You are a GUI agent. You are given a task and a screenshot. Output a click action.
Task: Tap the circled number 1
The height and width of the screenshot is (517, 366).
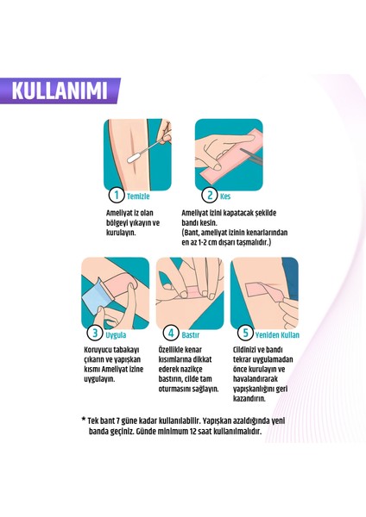pyautogui.click(x=112, y=196)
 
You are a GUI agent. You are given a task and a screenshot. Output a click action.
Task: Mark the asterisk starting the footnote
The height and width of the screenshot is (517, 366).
pyautogui.click(x=84, y=443)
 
